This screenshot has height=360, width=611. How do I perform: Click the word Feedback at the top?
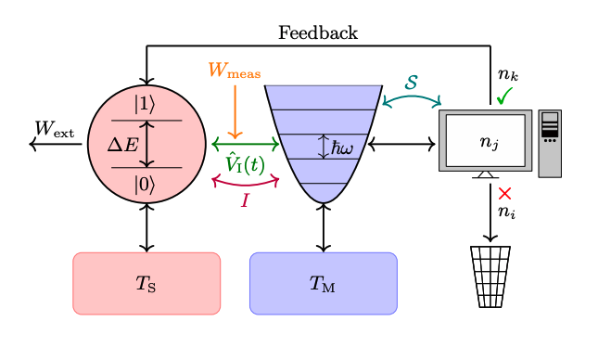[x=318, y=33]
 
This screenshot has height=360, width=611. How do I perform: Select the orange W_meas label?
[x=234, y=71]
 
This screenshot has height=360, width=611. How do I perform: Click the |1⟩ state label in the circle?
[x=146, y=103]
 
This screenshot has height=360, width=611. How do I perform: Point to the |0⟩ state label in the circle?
[x=146, y=184]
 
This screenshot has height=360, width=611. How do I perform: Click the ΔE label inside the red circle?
[x=122, y=144]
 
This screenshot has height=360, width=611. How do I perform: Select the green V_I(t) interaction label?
[x=245, y=164]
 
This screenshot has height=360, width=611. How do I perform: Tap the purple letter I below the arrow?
[x=245, y=199]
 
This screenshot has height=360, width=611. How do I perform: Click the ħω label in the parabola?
[x=342, y=148]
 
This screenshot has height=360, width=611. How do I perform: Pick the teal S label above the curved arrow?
[x=412, y=83]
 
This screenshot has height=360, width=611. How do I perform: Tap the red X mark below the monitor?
[x=505, y=194]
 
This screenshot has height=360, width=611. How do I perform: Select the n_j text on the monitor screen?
[x=489, y=142]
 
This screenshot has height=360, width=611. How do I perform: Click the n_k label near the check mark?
[x=506, y=74]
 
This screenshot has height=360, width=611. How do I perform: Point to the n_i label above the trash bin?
[x=506, y=212]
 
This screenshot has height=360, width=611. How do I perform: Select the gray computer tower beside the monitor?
[x=550, y=143]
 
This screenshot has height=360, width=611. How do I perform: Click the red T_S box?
[x=146, y=283]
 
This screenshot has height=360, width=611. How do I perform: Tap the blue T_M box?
[x=323, y=283]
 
